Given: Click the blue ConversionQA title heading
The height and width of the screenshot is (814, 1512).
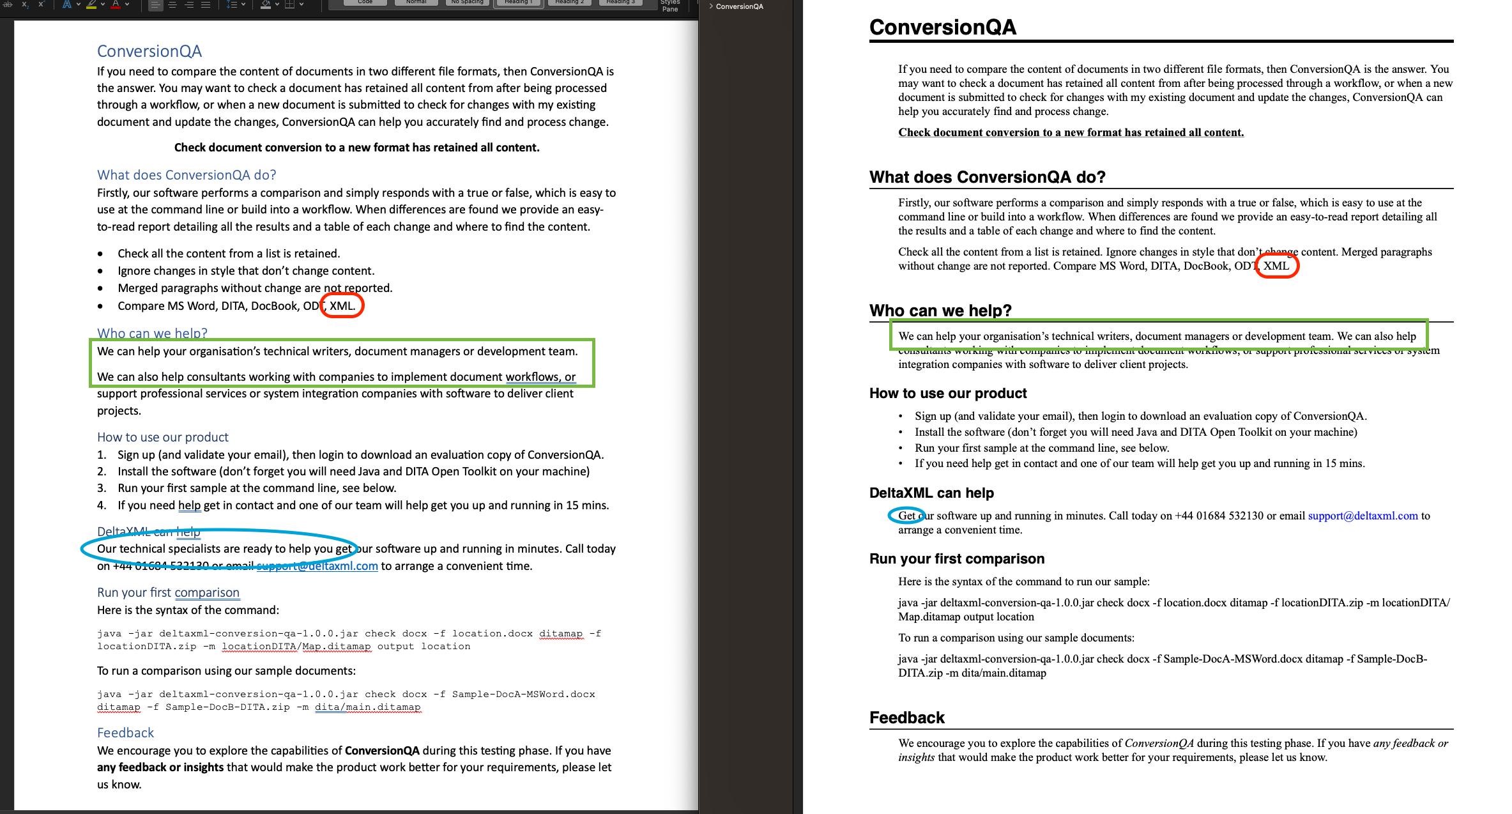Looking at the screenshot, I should pos(149,51).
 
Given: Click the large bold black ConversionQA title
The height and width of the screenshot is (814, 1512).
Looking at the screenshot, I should pos(942,27).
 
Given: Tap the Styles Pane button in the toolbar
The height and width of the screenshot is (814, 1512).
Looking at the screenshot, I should pos(669,6).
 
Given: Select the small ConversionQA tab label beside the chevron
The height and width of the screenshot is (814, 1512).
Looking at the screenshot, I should pos(739,6).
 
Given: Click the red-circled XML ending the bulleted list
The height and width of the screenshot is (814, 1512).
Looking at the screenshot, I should pos(342,306).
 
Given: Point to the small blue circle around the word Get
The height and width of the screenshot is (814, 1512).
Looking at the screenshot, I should pos(906,516).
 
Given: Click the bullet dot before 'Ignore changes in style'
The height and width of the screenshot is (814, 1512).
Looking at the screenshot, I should pos(100,271).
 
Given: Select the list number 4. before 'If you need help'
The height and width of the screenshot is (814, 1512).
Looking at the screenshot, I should pos(102,505).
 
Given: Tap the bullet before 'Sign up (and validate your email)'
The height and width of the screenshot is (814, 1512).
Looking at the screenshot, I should pos(901,417).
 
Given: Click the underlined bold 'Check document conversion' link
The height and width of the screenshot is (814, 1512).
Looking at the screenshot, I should pos(1071,132).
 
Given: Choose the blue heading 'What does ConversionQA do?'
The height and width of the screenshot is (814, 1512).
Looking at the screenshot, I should pos(187,175).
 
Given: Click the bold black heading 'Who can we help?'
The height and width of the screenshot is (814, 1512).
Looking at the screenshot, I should pos(940,311).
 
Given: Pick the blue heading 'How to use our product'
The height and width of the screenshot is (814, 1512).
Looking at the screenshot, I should pos(162,437).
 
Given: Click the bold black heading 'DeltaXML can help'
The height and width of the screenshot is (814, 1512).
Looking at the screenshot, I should pos(931,493).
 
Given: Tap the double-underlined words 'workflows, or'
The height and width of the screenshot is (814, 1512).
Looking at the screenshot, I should pos(540,377).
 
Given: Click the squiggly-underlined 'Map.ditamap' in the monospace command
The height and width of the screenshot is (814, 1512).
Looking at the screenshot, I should pos(336,646).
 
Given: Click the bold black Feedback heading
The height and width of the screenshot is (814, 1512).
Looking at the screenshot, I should pos(906,718).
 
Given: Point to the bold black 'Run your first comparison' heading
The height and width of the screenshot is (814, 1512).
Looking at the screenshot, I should pos(956,558).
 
